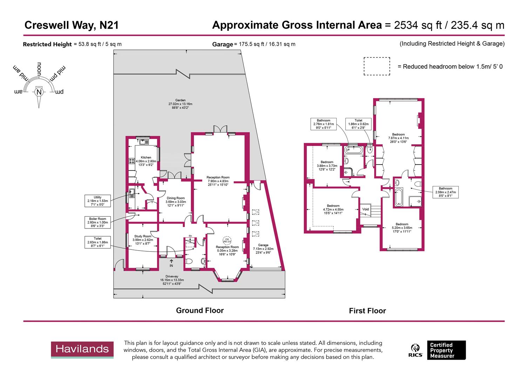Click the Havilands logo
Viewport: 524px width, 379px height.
tap(82, 350)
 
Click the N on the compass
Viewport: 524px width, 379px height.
tap(39, 92)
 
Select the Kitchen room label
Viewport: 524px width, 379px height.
tap(146, 161)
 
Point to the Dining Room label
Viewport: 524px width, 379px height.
tap(176, 202)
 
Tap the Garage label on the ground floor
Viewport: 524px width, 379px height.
tap(263, 249)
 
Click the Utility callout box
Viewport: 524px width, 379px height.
tap(98, 201)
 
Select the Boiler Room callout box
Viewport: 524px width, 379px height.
tap(97, 222)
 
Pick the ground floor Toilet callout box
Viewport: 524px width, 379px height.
tap(98, 242)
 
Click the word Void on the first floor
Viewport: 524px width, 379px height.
tap(365, 209)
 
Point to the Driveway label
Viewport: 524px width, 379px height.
tap(172, 280)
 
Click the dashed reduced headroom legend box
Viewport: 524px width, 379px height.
tap(377, 66)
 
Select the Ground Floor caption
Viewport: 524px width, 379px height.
tap(200, 311)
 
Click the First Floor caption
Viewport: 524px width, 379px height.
tap(367, 311)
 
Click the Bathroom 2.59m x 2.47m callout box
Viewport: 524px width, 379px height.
tap(445, 192)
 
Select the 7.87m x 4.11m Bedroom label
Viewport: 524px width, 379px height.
tap(398, 138)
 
